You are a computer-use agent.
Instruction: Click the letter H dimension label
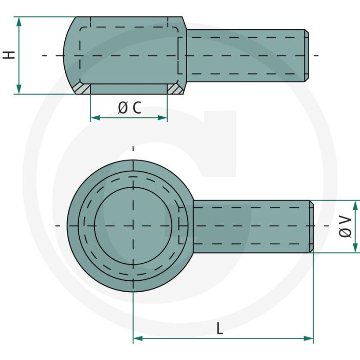[9, 55]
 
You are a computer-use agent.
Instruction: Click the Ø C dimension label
[130, 107]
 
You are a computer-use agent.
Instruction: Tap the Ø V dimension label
[345, 227]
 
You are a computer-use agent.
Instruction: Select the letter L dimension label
[220, 328]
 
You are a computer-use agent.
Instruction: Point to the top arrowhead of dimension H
[19, 22]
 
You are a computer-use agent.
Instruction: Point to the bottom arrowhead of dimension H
[19, 89]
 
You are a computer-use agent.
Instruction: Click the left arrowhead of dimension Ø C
[96, 118]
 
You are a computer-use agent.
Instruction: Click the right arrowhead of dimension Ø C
[163, 118]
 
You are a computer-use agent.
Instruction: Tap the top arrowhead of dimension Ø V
[355, 205]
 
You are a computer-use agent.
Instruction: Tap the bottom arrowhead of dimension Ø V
[355, 247]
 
